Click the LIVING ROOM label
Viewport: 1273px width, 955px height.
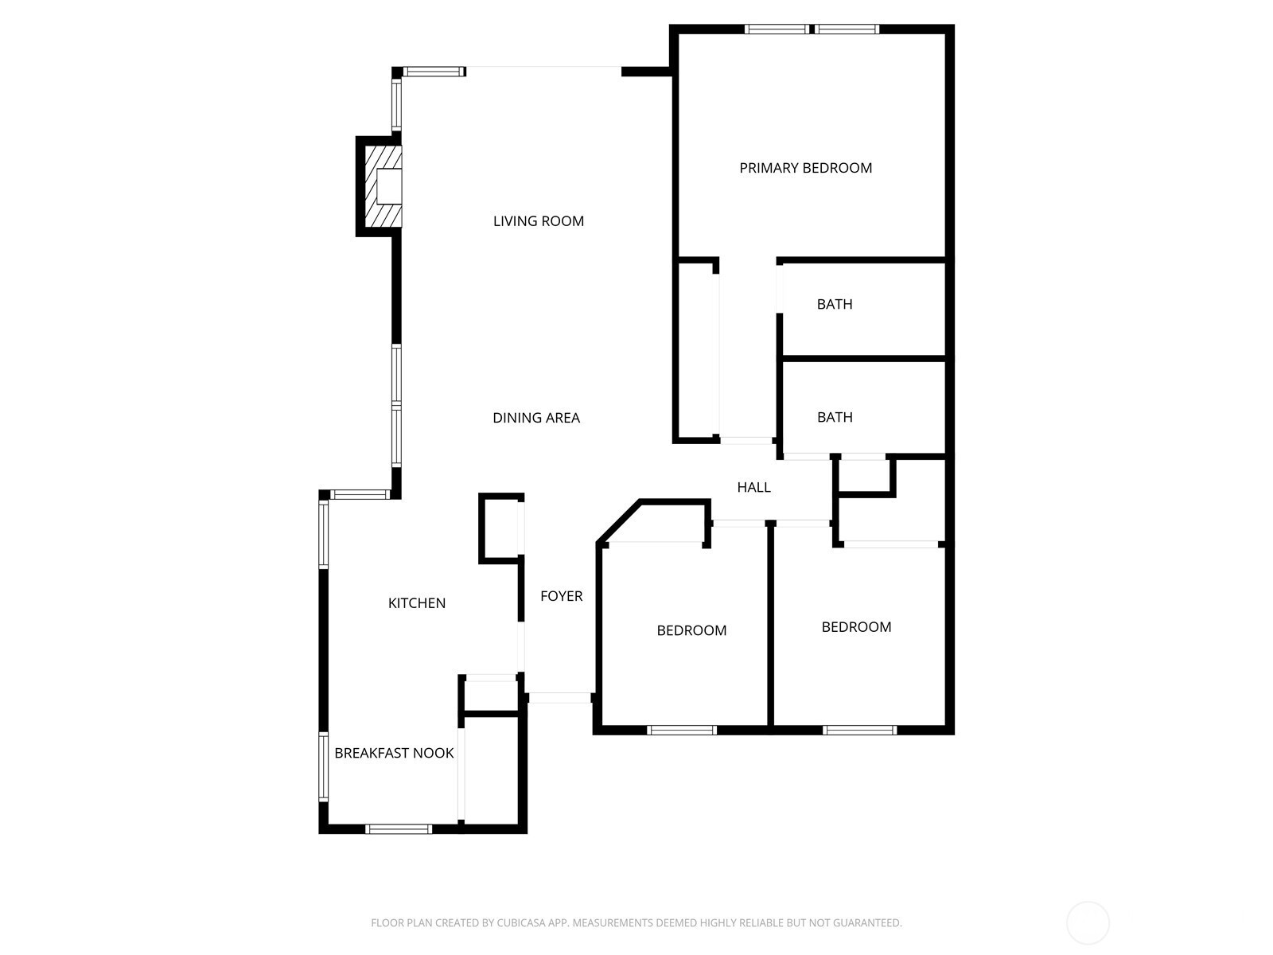(x=538, y=221)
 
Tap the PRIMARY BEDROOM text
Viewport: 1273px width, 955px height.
(x=805, y=168)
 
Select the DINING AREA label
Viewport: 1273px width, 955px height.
(x=536, y=418)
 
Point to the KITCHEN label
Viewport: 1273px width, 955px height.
(x=416, y=603)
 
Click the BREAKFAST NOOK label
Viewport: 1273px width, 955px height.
(x=394, y=753)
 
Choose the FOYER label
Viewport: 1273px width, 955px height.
(x=562, y=596)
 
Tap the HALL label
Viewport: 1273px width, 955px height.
(x=753, y=487)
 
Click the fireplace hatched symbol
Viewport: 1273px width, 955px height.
(x=383, y=186)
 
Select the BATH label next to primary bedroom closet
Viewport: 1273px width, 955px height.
(x=835, y=305)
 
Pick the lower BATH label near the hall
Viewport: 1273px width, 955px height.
(x=835, y=417)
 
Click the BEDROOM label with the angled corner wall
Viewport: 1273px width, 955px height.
(x=691, y=630)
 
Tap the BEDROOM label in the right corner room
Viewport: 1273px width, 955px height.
(x=856, y=627)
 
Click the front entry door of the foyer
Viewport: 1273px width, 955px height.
(x=559, y=698)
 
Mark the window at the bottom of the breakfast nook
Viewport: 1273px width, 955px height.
(x=399, y=829)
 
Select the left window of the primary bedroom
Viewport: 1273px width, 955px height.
(x=777, y=29)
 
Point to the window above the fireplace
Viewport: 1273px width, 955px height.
(x=397, y=104)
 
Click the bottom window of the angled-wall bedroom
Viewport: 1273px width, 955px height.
(x=681, y=730)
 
